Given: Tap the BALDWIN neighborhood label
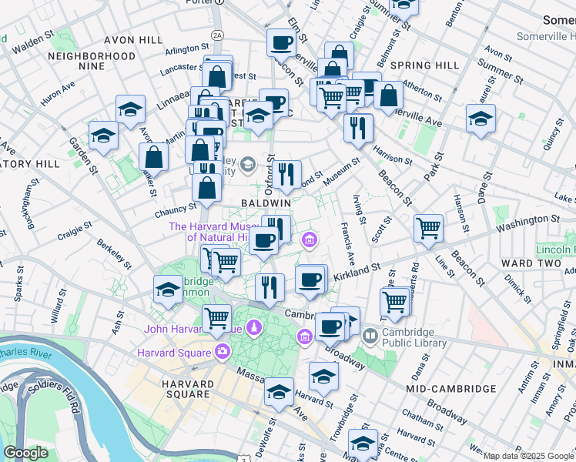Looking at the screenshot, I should coord(265,202).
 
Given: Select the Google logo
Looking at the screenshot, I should coord(26,453).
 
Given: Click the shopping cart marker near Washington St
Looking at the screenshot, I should coord(428,228).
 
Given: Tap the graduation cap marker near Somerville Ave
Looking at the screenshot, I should coord(481,118).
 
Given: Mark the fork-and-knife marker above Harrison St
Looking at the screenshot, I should coord(358,128).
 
